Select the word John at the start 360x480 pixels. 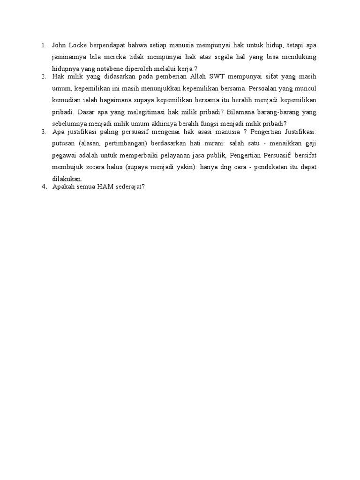[x=59, y=45]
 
